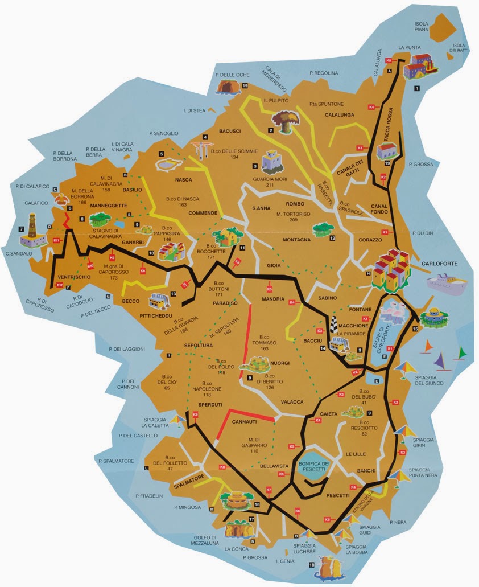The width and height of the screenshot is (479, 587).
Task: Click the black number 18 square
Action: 311,565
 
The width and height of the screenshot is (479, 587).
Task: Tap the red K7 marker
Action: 269,490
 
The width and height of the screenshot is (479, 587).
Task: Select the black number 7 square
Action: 21,229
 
